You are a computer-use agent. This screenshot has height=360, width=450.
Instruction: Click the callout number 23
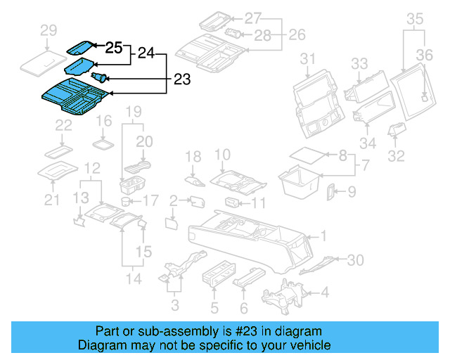(181, 80)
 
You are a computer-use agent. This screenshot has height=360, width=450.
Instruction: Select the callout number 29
(49, 30)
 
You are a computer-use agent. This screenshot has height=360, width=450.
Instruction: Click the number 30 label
(356, 261)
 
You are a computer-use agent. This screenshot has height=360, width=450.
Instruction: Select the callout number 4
(325, 292)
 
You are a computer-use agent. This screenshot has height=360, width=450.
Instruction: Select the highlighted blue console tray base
(72, 96)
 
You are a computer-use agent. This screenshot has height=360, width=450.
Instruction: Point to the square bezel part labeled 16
(104, 144)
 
